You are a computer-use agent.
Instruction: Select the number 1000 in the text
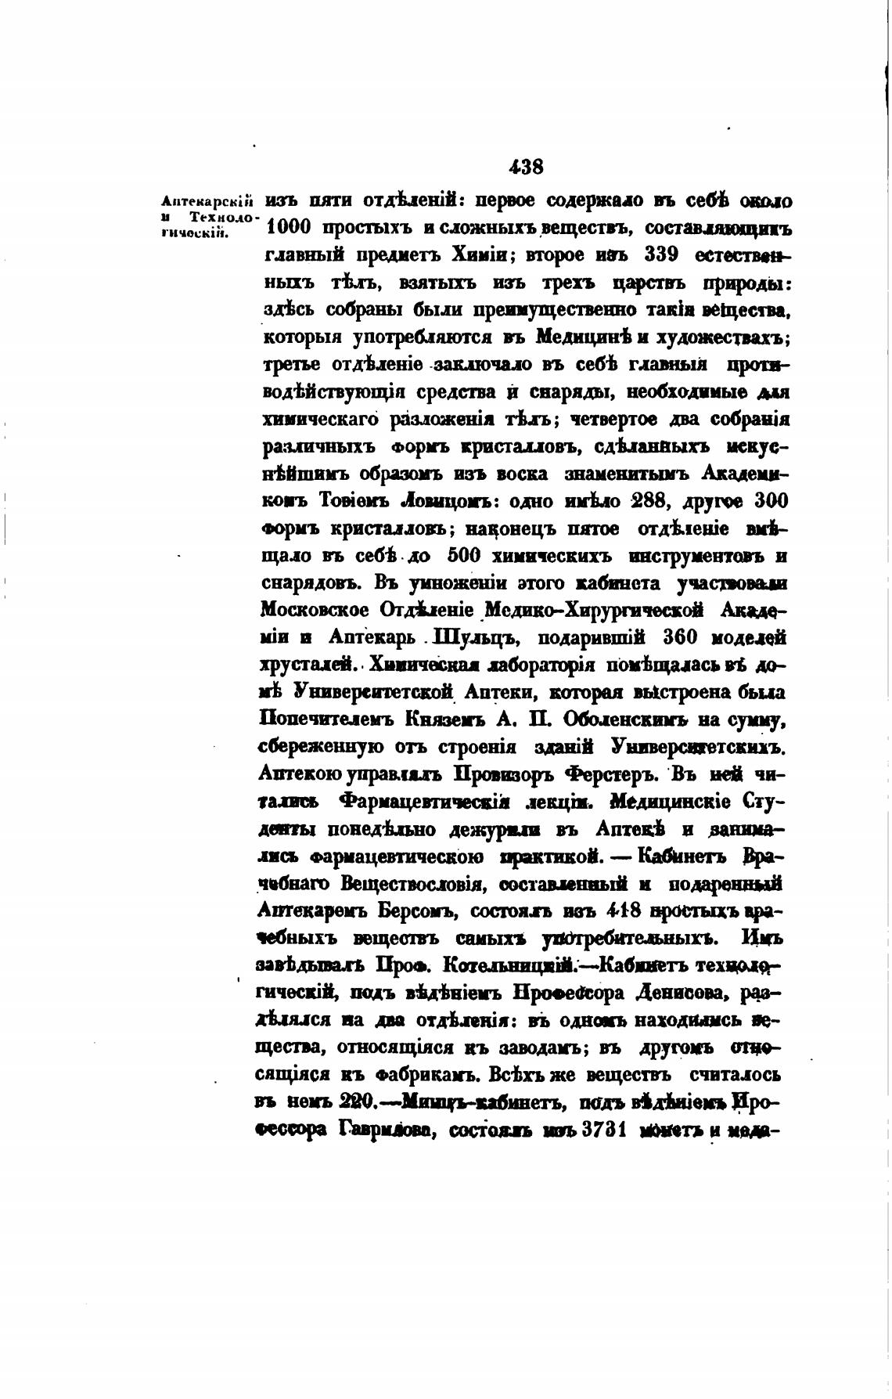[290, 229]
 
